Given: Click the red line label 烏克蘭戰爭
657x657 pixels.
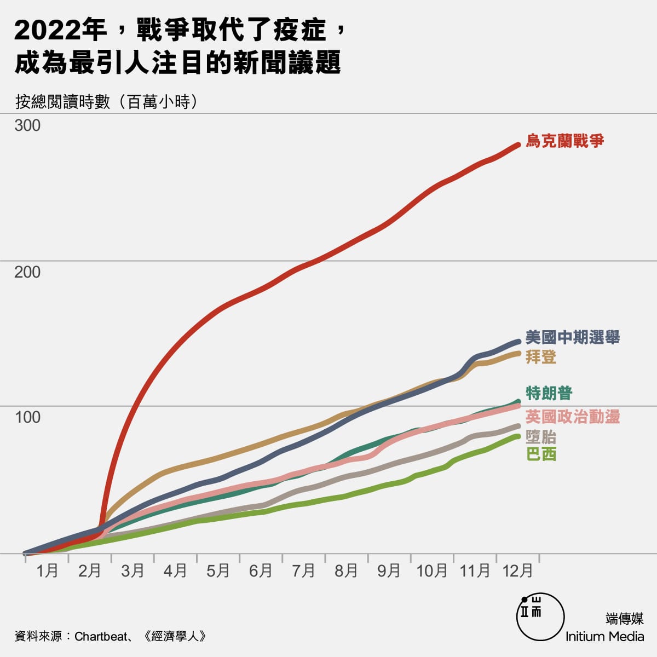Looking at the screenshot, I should (x=564, y=141).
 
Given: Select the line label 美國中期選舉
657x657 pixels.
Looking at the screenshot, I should (x=572, y=337).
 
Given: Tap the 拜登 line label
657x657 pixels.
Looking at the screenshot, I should (x=541, y=357).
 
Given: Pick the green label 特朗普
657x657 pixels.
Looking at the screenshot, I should (x=549, y=393).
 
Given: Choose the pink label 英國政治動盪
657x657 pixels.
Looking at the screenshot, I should (x=572, y=417).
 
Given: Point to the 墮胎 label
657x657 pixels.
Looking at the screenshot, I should (x=541, y=436).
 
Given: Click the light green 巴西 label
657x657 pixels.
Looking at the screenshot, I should (x=541, y=454).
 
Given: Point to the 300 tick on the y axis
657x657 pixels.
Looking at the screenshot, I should (x=27, y=125).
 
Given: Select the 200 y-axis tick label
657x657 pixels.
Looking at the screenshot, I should (x=27, y=272).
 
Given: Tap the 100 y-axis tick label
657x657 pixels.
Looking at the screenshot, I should (x=27, y=417).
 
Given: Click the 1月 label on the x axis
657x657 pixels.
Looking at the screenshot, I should (x=47, y=571).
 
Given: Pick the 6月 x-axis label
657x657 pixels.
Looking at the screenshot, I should (x=261, y=571).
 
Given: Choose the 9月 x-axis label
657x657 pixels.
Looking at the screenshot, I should (x=389, y=571).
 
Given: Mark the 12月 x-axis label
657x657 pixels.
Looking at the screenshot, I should (x=517, y=571).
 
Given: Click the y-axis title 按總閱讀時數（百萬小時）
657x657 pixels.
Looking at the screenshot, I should (x=106, y=102).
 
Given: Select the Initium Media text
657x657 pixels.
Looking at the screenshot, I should (x=604, y=636).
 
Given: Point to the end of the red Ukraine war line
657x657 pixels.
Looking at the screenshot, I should (x=518, y=145).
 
